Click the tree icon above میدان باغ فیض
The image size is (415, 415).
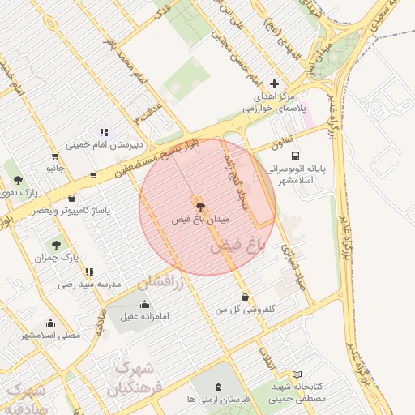point(201,207)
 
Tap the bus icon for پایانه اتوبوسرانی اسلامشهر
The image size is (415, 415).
point(294,155)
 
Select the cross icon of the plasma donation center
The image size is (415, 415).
point(274,83)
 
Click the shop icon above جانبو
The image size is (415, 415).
point(54,156)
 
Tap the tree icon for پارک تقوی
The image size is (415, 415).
point(18,180)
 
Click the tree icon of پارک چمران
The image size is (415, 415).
point(55,245)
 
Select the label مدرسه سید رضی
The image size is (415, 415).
point(88,285)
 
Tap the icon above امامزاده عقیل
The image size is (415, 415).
point(145,304)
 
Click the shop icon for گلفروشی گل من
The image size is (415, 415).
point(245,297)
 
